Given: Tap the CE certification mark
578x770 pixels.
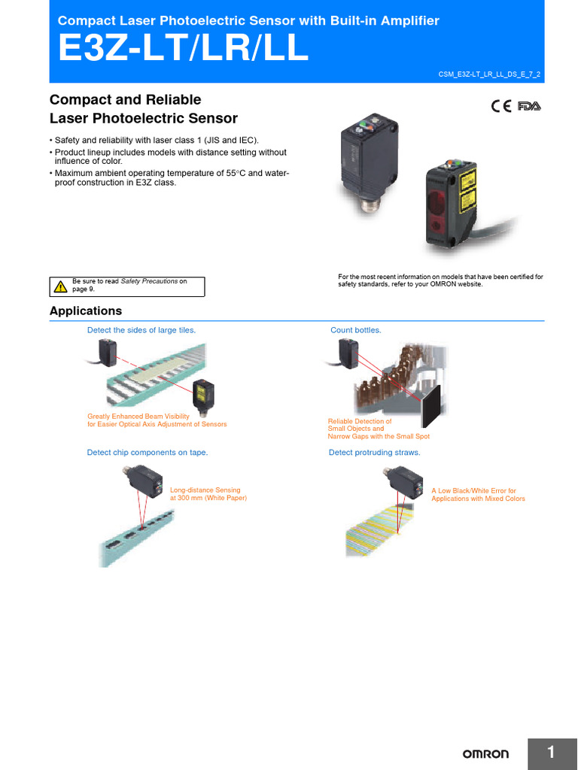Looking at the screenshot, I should (501, 106).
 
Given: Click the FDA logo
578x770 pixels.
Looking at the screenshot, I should (529, 106).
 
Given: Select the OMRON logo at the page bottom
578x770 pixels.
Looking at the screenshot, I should (485, 753).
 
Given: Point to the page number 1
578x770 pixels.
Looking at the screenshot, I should (551, 753).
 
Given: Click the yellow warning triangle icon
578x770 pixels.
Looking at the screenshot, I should (61, 286).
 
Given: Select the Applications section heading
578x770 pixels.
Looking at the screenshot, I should (85, 311).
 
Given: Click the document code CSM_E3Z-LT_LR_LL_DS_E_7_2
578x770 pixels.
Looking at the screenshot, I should (488, 74).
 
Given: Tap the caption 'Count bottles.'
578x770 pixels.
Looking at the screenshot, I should (356, 330).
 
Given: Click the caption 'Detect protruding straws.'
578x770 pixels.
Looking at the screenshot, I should (374, 452).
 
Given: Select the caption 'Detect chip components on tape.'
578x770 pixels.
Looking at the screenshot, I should (148, 452).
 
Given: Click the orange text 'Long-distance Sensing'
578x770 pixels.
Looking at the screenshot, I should (205, 490).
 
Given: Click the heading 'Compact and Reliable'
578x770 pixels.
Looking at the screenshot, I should (125, 100).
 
